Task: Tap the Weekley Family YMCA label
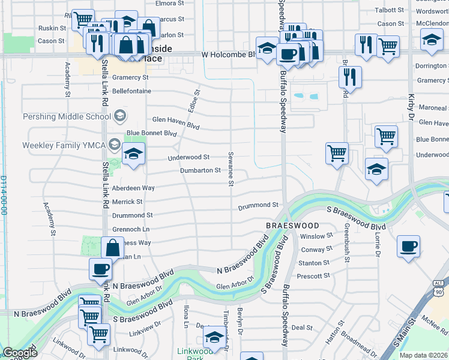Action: [x=63, y=145]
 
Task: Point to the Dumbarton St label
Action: [x=201, y=171]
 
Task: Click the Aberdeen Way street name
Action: [x=134, y=188]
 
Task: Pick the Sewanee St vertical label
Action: [x=230, y=169]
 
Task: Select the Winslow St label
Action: [x=316, y=236]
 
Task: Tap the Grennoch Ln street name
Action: [x=131, y=229]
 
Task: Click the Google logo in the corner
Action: [x=19, y=353]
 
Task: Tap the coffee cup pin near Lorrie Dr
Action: [x=408, y=246]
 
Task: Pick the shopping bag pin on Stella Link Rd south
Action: [x=113, y=247]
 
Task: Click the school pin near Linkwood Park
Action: [x=214, y=337]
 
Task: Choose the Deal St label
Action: [x=301, y=328]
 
